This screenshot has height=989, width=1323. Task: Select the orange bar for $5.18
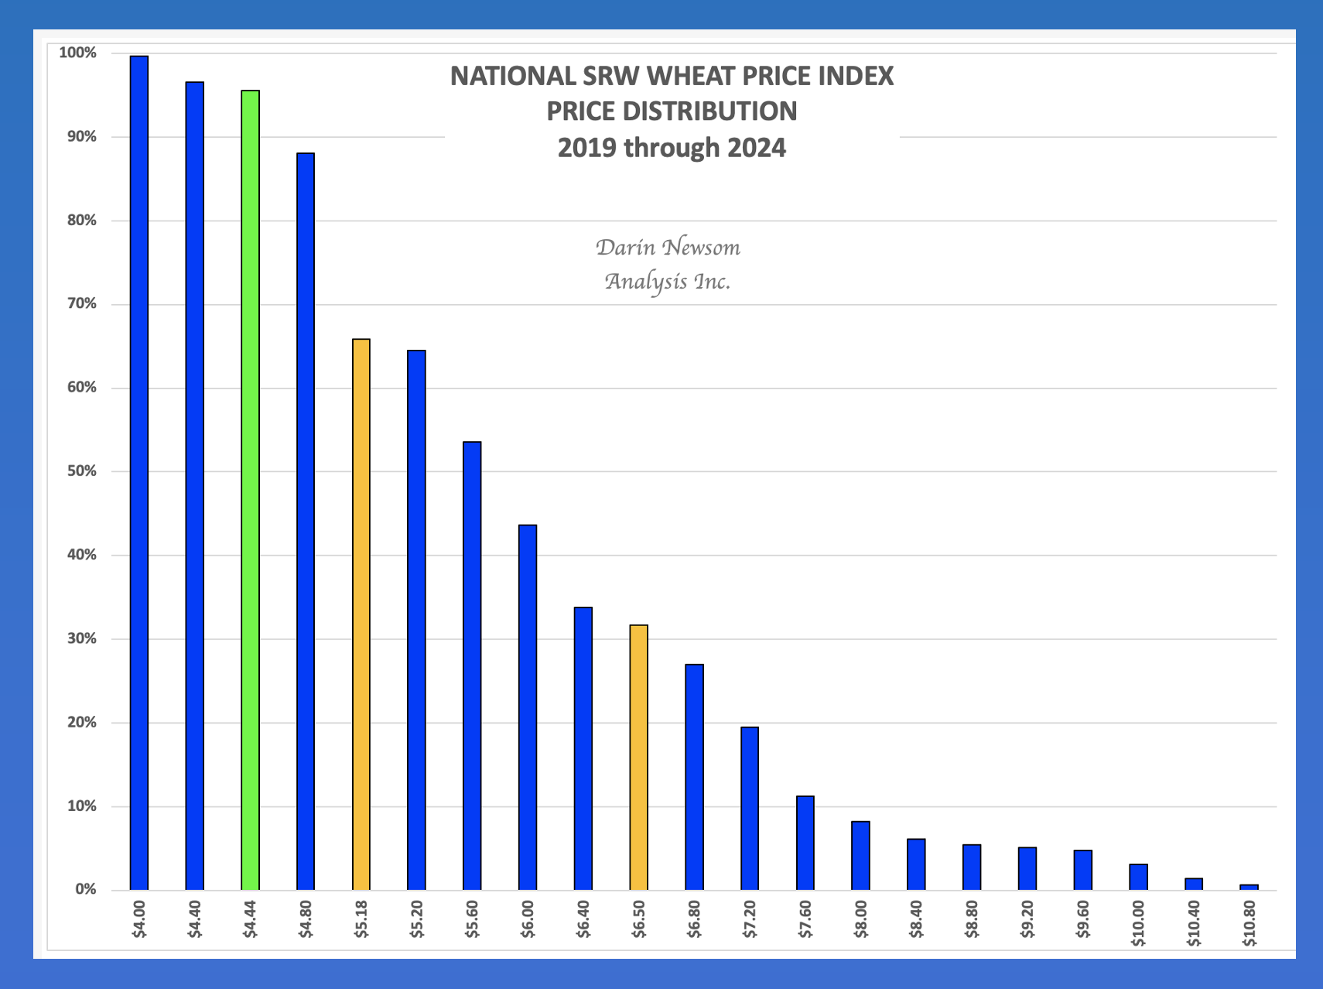click(361, 614)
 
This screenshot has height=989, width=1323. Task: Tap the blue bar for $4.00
click(139, 472)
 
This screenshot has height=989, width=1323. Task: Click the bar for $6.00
click(528, 707)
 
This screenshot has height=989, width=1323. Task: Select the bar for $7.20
click(750, 808)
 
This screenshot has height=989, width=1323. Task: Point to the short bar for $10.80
click(1249, 887)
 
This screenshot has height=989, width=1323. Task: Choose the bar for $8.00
click(860, 855)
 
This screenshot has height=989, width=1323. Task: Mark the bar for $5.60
click(472, 666)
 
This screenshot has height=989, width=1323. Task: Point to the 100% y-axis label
click(78, 53)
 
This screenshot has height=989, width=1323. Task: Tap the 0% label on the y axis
click(86, 889)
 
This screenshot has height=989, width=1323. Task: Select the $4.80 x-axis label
click(306, 919)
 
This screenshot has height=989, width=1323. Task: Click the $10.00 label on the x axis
click(1138, 923)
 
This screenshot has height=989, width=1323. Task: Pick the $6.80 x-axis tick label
click(695, 919)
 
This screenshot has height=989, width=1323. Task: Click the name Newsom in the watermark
click(702, 248)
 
